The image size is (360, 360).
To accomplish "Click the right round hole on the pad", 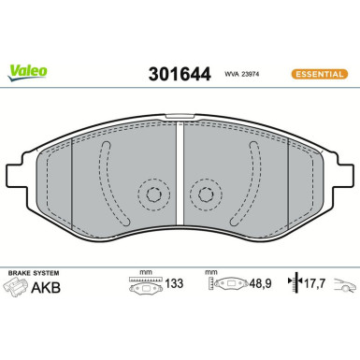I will pyautogui.click(x=205, y=194).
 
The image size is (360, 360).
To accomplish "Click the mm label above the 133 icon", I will pyautogui.click(x=144, y=272).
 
